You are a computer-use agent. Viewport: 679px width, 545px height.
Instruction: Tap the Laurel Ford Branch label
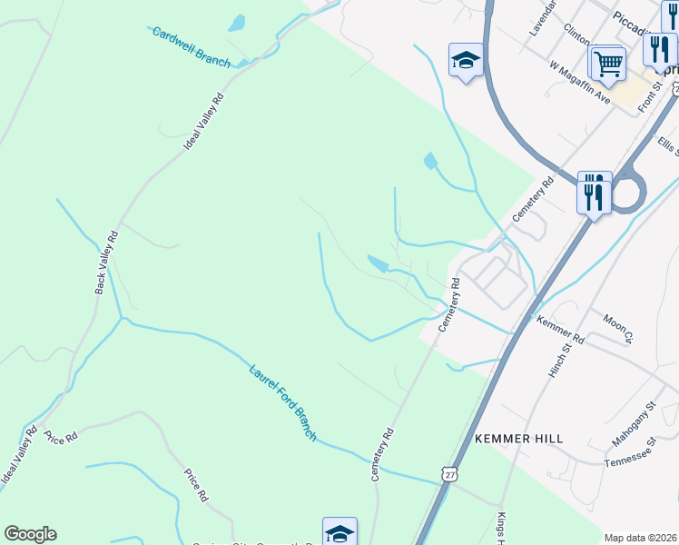[x=282, y=401]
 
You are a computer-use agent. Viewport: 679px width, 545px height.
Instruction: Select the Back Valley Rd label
[x=106, y=263]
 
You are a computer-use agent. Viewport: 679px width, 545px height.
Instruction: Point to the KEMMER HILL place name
[x=518, y=438]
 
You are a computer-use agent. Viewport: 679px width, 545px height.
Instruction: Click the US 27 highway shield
[x=449, y=473]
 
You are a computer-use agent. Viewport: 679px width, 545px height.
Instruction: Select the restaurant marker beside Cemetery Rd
[x=595, y=193]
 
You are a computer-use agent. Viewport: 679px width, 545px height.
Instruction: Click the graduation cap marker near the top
[x=466, y=61]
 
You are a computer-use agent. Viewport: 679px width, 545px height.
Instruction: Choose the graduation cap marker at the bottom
[x=339, y=532]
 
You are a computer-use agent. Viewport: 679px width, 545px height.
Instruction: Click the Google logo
[x=30, y=534]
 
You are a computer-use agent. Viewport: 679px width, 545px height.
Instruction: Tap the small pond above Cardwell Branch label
[x=237, y=23]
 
